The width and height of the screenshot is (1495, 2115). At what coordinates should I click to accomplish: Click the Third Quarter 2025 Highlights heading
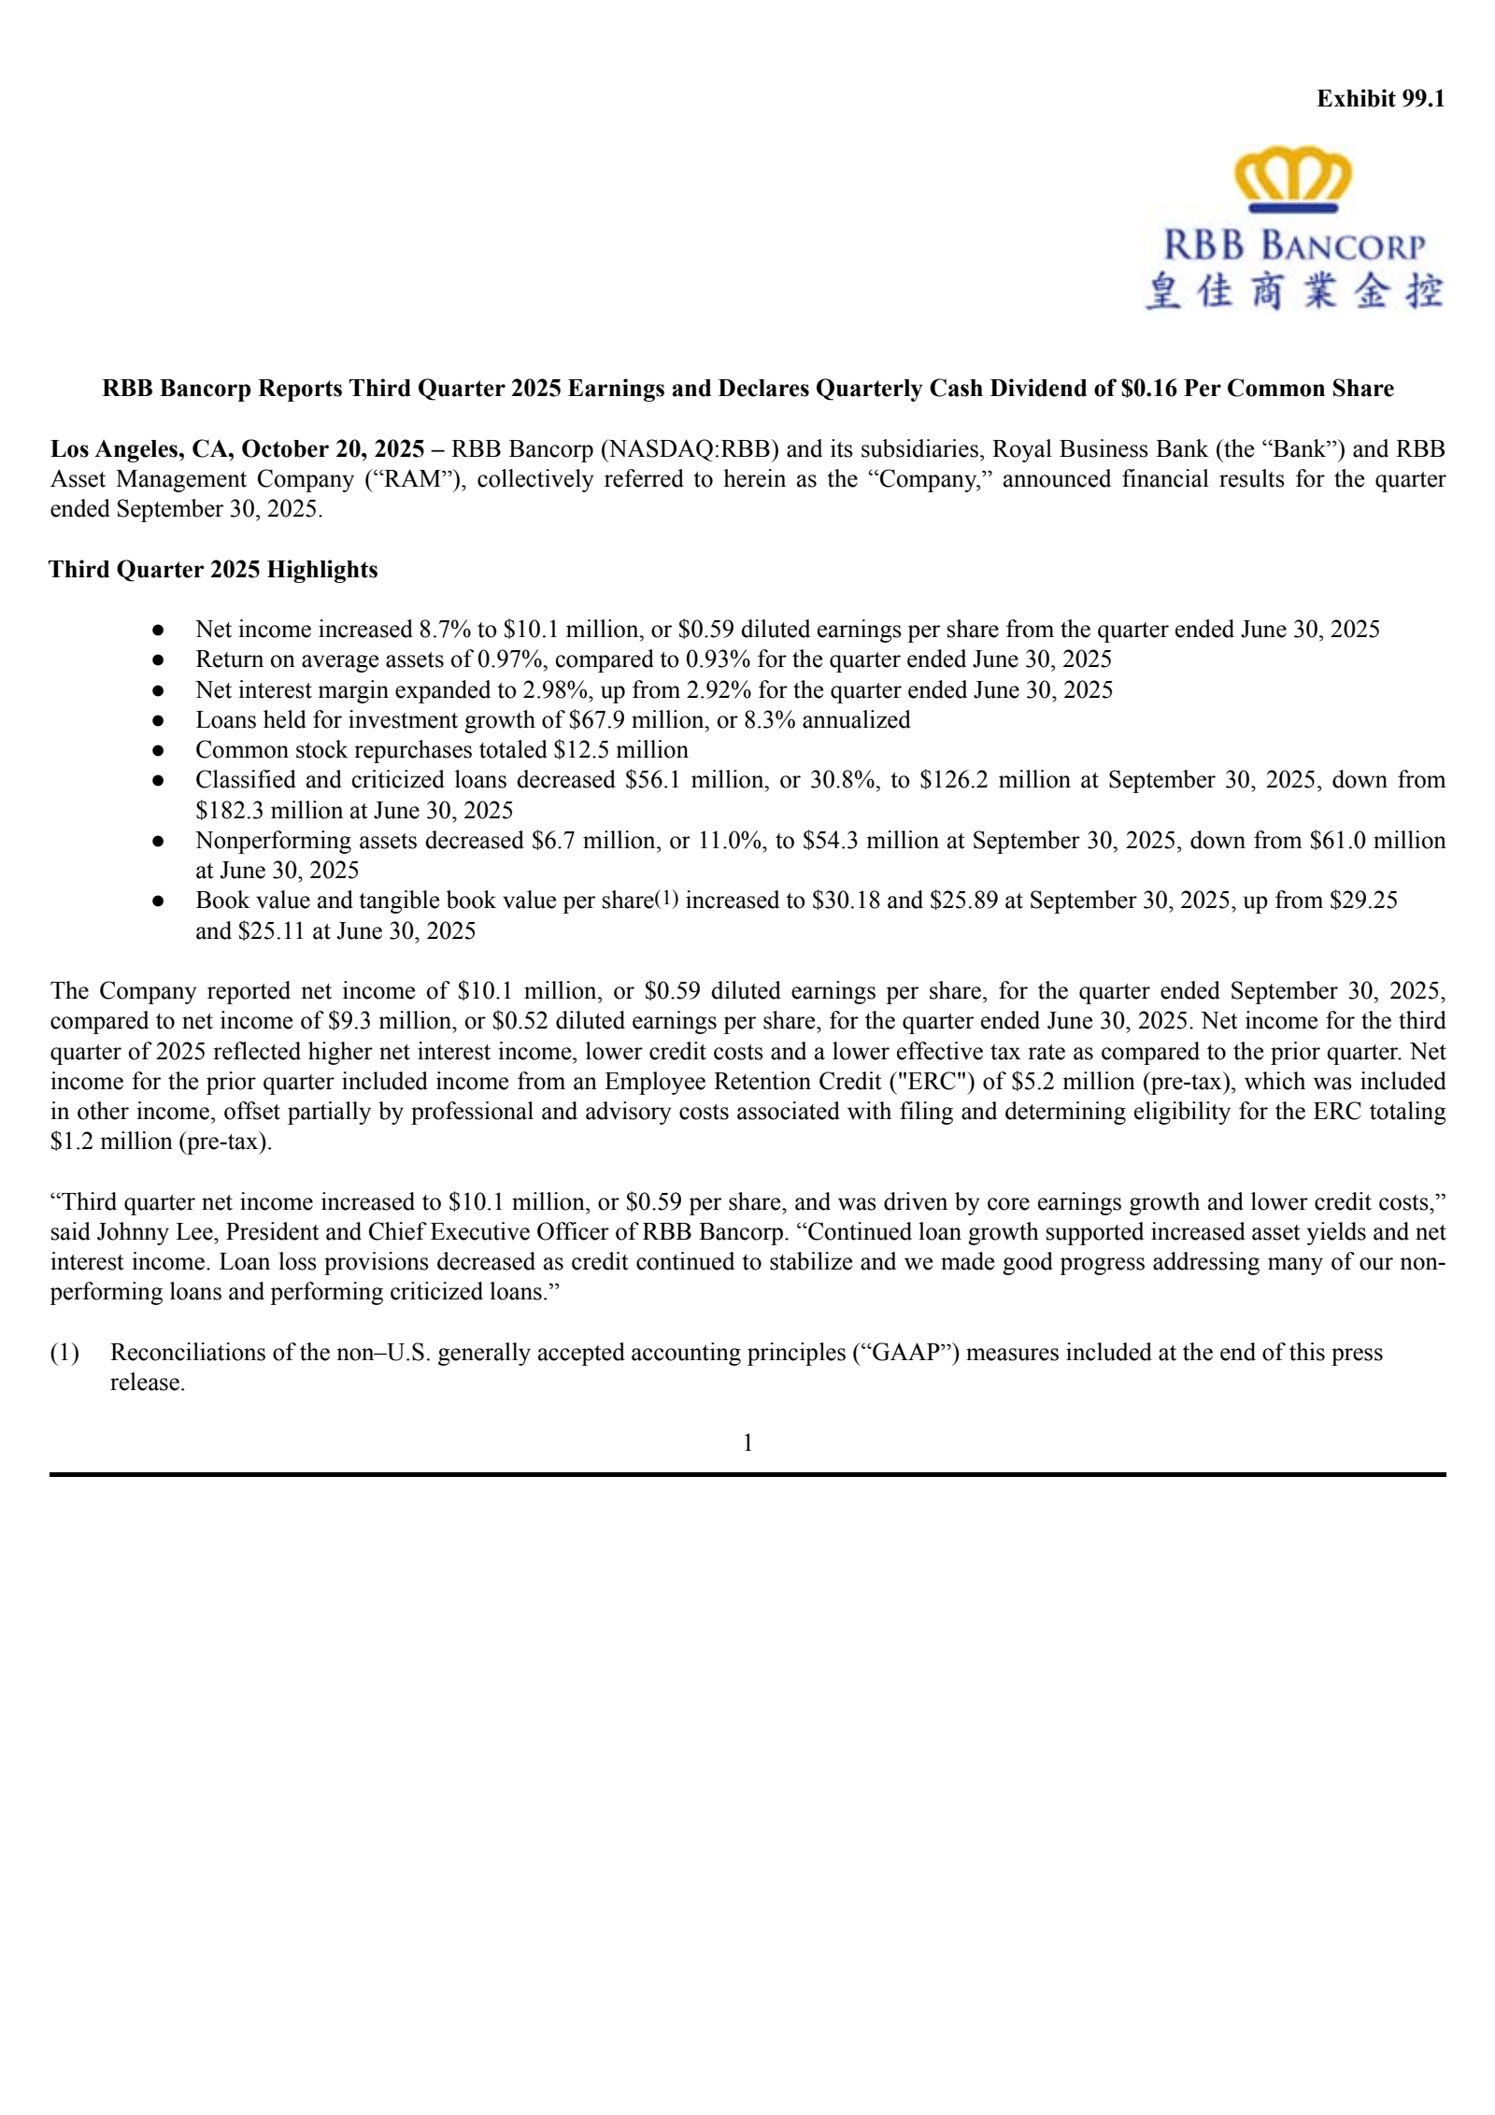pyautogui.click(x=213, y=570)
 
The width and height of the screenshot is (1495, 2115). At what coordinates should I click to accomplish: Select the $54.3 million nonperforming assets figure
pyautogui.click(x=868, y=841)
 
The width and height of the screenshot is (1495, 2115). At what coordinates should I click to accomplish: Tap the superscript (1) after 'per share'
pyautogui.click(x=665, y=899)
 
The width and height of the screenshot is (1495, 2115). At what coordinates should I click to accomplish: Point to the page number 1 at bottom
pyautogui.click(x=747, y=1443)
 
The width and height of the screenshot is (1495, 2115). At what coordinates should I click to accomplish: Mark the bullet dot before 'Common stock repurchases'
pyautogui.click(x=159, y=750)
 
